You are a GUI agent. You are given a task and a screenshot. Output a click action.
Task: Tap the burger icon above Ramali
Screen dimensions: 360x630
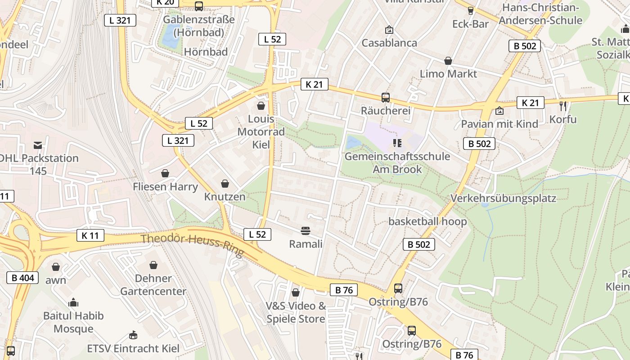(306, 231)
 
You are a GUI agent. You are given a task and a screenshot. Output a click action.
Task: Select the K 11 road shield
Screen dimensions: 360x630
(90, 235)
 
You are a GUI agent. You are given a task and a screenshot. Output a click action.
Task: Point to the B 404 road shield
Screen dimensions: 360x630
(22, 278)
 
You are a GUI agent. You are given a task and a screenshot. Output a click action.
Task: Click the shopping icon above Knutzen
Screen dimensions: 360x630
(225, 184)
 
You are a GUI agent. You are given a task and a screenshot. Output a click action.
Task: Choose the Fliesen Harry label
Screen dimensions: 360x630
(165, 186)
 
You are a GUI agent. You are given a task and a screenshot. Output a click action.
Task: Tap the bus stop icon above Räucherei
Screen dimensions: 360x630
(386, 97)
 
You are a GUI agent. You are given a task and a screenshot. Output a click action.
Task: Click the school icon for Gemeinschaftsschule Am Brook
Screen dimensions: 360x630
(397, 143)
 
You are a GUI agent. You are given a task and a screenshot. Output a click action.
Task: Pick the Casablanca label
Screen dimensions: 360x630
(389, 43)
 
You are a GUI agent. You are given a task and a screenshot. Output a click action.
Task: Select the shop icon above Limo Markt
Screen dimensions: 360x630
(448, 61)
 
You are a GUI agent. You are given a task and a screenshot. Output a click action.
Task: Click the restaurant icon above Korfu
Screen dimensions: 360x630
(562, 106)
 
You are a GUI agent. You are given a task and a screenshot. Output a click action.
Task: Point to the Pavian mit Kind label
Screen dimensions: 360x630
(499, 124)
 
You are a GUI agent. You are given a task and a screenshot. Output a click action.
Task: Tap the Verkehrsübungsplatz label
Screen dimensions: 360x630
(504, 198)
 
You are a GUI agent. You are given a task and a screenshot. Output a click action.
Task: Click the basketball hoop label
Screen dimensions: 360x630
(427, 221)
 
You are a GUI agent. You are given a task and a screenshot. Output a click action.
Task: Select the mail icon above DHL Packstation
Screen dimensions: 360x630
(38, 145)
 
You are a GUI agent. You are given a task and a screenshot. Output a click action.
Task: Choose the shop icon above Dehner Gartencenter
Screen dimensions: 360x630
(153, 265)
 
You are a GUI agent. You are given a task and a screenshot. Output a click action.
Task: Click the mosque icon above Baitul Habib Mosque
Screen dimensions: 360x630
(73, 303)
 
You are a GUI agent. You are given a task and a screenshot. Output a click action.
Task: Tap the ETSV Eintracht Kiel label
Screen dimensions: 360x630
(133, 348)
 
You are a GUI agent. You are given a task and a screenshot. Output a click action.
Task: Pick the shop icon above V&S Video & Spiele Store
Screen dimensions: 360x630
(296, 293)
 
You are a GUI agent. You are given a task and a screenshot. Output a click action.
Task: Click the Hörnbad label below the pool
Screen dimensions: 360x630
(206, 52)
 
